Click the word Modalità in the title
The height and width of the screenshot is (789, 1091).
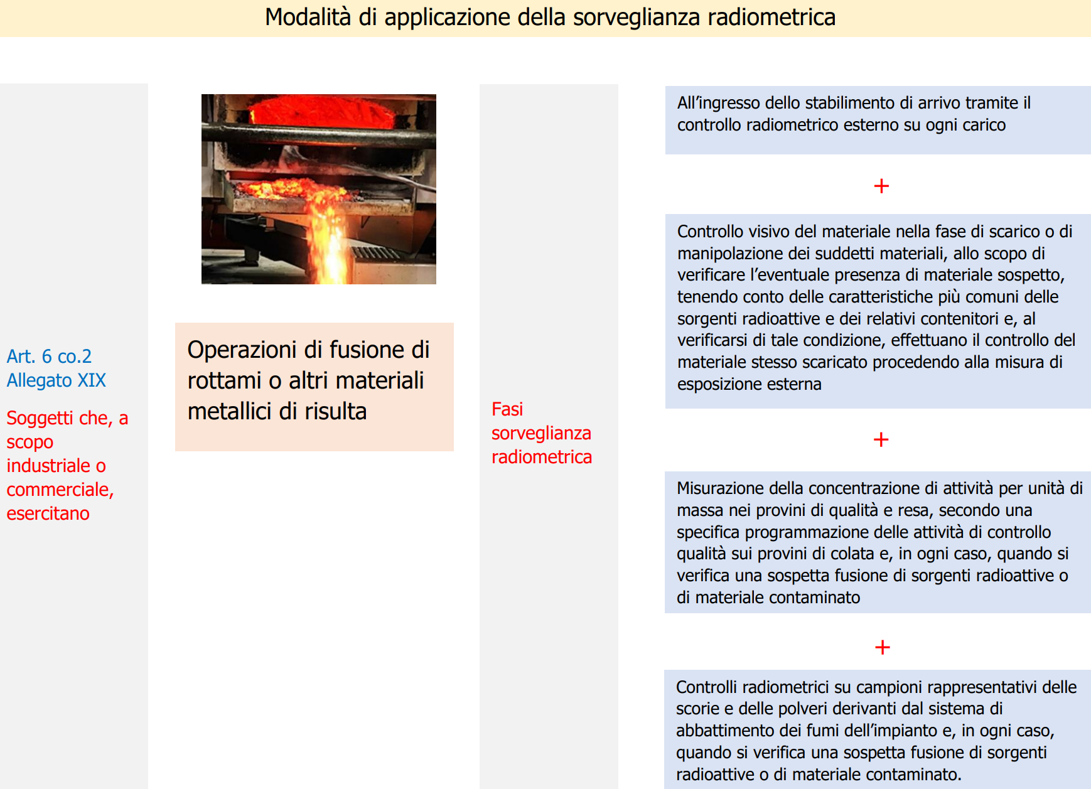pos(308,18)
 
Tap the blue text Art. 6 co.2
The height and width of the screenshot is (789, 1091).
pos(49,357)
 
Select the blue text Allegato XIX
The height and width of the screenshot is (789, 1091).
pos(56,380)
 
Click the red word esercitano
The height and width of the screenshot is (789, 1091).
pos(48,513)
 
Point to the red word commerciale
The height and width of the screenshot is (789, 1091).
pos(60,490)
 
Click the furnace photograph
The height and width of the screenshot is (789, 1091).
pos(318,189)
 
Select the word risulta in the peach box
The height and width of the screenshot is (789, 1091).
pos(340,412)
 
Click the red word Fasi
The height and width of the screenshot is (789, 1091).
pos(507,409)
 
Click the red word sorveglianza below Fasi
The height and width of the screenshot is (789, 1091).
pos(540,433)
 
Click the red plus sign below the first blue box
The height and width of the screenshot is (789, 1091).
pos(881,186)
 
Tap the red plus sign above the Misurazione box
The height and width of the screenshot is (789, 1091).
pos(881,439)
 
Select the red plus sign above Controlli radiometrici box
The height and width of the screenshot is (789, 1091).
pos(882,647)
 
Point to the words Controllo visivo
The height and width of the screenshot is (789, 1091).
pos(734,232)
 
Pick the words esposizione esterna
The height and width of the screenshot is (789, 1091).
pos(749,384)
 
